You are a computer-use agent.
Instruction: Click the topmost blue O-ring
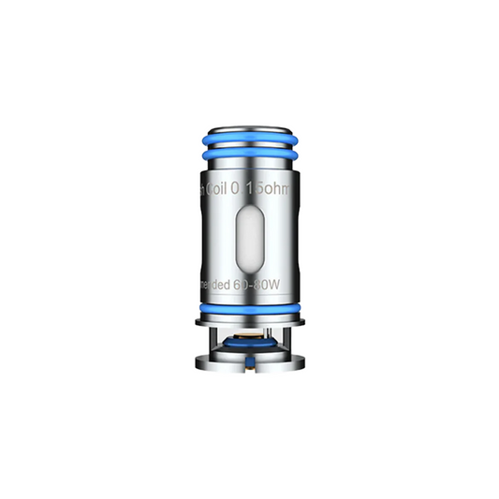pos(249,147)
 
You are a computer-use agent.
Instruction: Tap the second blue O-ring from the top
pos(249,167)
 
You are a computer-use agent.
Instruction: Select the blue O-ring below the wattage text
pos(249,306)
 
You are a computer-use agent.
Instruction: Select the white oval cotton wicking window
pos(250,239)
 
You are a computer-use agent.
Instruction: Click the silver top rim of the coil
pos(249,134)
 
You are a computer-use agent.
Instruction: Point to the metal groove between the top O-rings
pos(249,157)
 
